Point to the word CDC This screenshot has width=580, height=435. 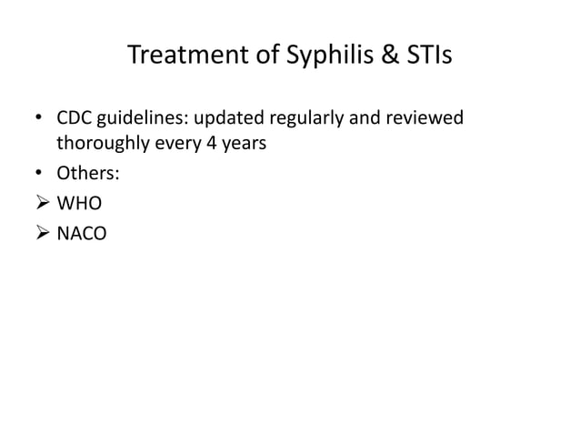(75, 120)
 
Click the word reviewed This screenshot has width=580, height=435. (425, 120)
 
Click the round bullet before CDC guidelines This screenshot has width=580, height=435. (38, 121)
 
